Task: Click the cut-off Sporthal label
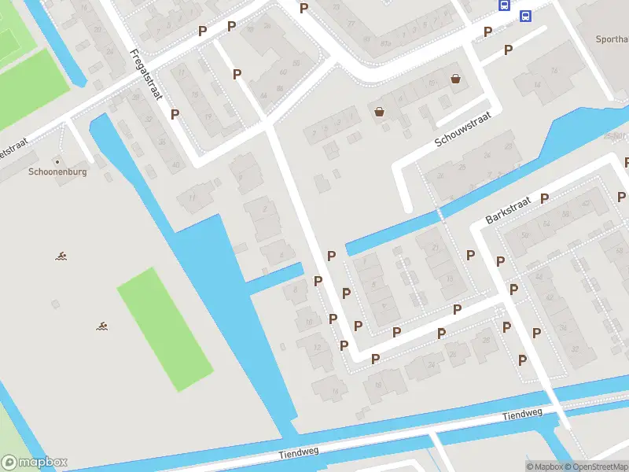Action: click(x=612, y=39)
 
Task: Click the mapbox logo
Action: click(x=35, y=463)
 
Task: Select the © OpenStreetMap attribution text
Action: click(x=594, y=466)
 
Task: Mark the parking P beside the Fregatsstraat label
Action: click(x=175, y=114)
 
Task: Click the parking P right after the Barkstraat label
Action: click(x=544, y=198)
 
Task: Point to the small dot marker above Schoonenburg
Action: click(x=57, y=161)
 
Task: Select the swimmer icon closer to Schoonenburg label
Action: click(x=61, y=256)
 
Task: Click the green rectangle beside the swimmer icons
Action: click(x=165, y=329)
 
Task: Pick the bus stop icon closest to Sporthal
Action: click(x=525, y=16)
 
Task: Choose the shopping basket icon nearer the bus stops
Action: click(x=455, y=79)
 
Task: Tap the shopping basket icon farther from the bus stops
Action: click(x=380, y=112)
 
